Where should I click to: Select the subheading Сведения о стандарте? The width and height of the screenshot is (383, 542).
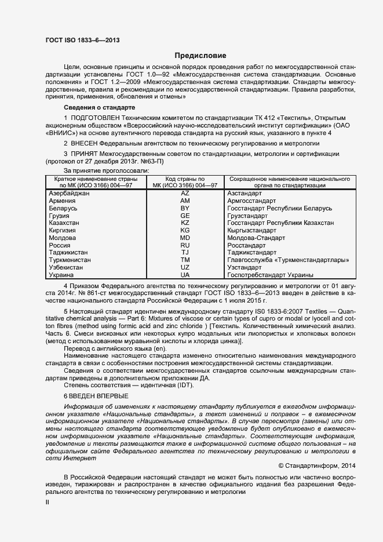99,108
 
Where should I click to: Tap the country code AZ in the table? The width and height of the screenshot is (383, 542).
185,192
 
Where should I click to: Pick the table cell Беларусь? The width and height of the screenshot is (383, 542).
63,208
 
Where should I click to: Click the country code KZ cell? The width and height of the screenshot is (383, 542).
185,223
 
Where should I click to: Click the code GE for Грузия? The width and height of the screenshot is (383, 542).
185,215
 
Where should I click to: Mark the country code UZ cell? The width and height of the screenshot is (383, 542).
185,268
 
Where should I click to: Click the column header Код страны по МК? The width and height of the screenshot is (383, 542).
185,181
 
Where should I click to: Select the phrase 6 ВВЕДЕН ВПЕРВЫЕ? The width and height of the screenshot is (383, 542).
95,395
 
